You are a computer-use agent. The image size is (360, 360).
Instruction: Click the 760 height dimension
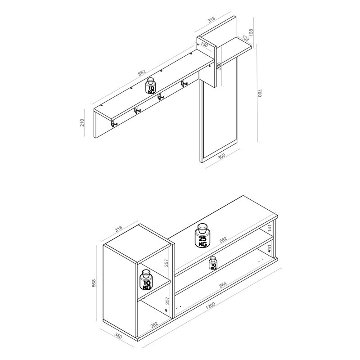tap(260, 93)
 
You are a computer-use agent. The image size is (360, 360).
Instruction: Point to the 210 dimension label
tap(82, 122)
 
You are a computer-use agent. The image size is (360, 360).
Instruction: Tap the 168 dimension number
tap(251, 32)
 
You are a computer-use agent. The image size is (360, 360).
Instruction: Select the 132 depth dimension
tap(245, 38)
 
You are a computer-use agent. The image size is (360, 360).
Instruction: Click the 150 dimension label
tap(204, 45)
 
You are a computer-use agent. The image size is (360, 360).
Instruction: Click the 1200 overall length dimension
tap(210, 306)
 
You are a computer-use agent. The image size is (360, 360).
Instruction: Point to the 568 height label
tap(94, 283)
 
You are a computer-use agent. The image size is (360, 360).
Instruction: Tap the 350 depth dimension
tap(118, 337)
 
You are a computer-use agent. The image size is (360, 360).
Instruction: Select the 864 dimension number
tap(223, 284)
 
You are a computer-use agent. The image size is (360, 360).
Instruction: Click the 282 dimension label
tap(154, 324)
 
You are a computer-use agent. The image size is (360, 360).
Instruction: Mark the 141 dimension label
tap(270, 228)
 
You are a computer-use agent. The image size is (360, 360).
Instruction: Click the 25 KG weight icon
tap(202, 235)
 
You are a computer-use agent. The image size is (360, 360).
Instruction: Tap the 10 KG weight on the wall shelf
tap(151, 85)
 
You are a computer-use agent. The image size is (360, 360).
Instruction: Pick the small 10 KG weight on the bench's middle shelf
tap(213, 263)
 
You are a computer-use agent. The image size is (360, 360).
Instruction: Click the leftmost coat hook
tap(114, 123)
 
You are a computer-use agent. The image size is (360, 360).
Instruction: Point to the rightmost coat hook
tap(184, 83)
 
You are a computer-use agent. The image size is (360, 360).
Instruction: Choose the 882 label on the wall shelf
tap(142, 72)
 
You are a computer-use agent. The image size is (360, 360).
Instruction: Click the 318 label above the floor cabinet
tap(118, 229)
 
